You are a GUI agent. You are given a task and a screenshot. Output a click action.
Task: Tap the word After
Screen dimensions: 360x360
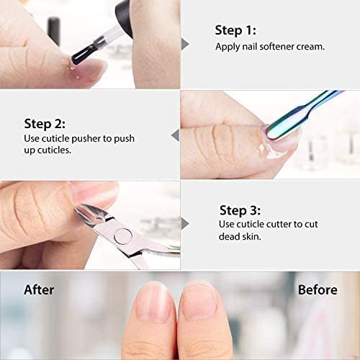point(39,290)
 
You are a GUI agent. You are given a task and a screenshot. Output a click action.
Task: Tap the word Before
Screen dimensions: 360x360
point(317,290)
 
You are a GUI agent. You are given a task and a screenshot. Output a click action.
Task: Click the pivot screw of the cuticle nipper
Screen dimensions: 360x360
point(122,234)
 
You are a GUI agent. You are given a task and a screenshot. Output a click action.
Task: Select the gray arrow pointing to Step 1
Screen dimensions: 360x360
point(185,43)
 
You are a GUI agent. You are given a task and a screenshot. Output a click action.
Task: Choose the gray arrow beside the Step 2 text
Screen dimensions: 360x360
point(175,134)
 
